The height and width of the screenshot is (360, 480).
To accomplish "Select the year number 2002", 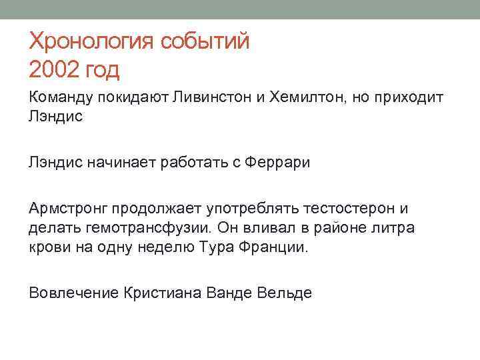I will click(54, 69).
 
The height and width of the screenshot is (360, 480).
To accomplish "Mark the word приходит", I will click(411, 98).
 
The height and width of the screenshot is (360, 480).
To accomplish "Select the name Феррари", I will click(279, 163).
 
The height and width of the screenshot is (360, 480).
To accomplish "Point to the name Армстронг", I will click(68, 209).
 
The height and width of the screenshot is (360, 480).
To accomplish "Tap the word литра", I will click(395, 228).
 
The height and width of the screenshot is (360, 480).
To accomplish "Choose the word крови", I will click(47, 247).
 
